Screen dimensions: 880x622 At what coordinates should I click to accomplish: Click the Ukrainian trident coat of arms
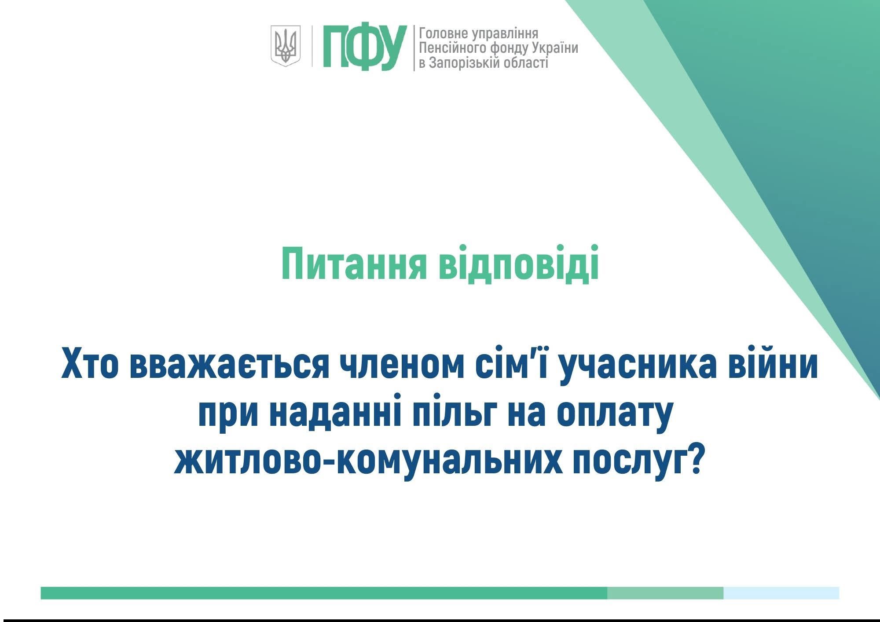pos(285,46)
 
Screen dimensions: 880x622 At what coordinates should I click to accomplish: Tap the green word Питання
pos(355,264)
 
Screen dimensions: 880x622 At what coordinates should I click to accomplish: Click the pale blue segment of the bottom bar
pos(781,593)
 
